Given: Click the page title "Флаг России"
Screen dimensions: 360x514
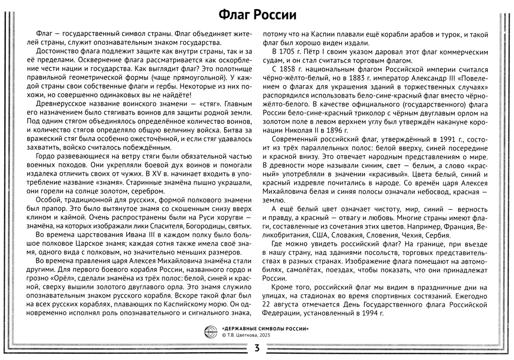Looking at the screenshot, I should pos(257,12).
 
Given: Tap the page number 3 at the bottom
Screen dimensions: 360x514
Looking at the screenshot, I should pos(256,348).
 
